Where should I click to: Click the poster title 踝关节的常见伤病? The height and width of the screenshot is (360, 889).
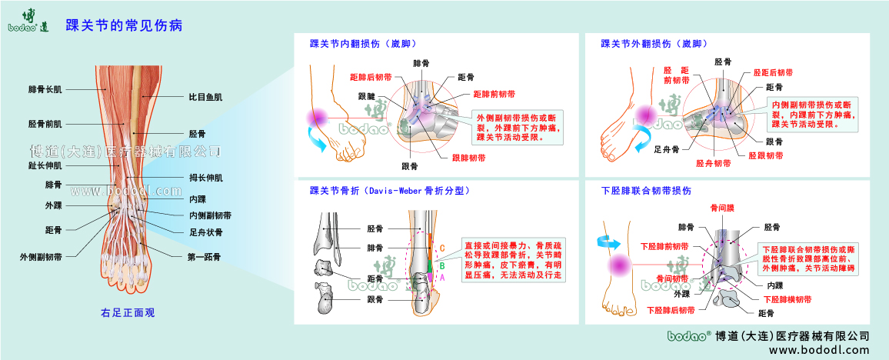pos(124,25)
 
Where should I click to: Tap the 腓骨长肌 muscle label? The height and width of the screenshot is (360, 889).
pos(45,89)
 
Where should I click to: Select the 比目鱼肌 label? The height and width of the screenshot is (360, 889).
pos(205,98)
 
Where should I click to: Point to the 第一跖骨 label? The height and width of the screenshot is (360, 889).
pos(205,257)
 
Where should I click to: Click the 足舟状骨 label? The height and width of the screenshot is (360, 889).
pos(205,232)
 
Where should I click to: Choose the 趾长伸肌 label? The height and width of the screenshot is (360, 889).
pos(45,165)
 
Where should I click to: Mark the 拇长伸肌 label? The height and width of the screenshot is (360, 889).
pos(205,178)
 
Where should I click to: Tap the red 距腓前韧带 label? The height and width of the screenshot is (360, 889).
pos(494,94)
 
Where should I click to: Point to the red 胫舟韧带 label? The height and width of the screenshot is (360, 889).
pos(713,163)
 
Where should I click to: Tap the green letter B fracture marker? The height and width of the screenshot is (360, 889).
pos(442,265)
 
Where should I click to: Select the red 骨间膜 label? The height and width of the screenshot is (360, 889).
pos(723,208)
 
